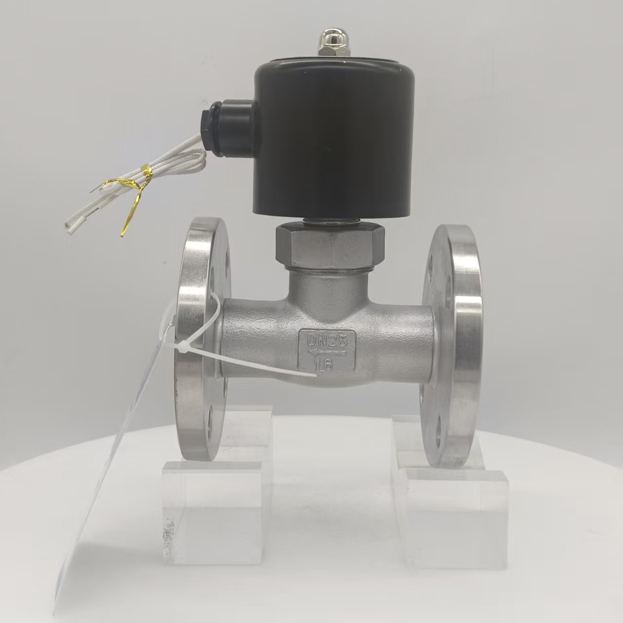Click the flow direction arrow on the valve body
(x=327, y=353)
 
